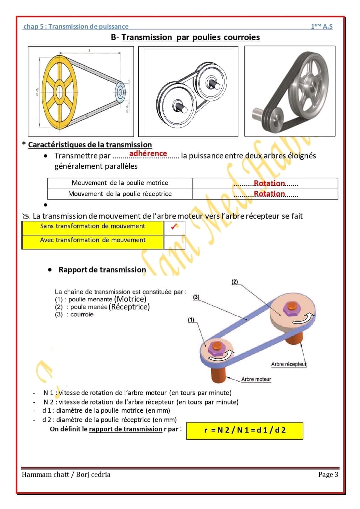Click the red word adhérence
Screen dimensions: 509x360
pos(148,153)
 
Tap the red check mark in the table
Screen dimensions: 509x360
pos(174,226)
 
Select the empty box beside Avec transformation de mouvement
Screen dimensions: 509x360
pos(174,242)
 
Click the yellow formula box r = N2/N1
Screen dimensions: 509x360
pos(245,430)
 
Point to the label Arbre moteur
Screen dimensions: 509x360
pos(256,379)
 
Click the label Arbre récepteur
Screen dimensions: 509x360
pos(289,364)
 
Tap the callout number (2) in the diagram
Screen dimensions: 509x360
pos(235,282)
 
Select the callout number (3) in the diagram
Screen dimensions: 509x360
pos(196,297)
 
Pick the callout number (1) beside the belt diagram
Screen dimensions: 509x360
pos(191,320)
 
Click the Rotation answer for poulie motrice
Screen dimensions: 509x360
pos(269,183)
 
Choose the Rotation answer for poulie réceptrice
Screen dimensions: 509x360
pos(269,194)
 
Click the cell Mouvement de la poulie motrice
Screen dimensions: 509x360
pos(120,183)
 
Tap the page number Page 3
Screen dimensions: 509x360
pos(328,474)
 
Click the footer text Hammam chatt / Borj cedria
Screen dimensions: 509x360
pos(66,474)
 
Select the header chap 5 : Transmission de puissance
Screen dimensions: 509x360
pos(76,26)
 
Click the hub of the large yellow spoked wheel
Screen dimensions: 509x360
pos(60,92)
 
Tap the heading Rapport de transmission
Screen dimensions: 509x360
pos(102,270)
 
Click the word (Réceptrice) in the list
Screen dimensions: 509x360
pos(129,307)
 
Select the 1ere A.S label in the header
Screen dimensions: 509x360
pos(321,26)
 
